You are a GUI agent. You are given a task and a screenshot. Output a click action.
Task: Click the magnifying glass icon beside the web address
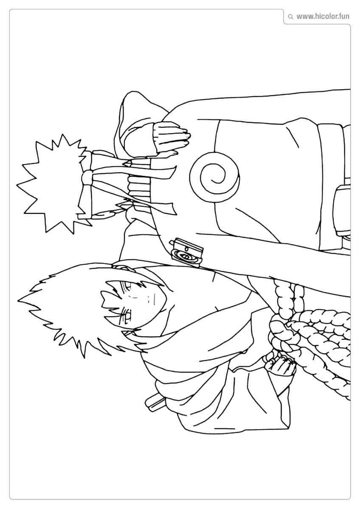point(290,17)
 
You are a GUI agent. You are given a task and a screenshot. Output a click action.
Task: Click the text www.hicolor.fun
point(323,17)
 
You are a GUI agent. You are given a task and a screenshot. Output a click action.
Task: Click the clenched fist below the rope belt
point(280,365)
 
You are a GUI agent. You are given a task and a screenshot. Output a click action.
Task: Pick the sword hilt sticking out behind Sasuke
point(155,401)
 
